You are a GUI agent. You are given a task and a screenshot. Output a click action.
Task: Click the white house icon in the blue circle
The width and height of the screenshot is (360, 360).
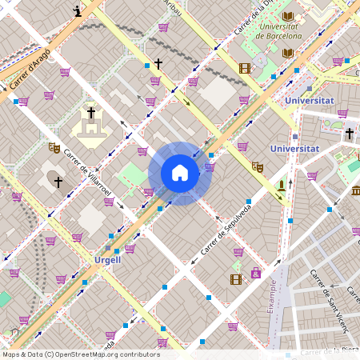[x=180, y=173]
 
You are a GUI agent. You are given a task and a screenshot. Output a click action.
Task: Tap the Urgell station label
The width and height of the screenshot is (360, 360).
[x=107, y=260]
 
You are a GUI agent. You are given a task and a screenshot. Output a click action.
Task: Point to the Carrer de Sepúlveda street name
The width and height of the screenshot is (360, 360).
[x=226, y=230]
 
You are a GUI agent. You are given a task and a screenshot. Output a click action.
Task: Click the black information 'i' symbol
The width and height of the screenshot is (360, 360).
[x=77, y=10]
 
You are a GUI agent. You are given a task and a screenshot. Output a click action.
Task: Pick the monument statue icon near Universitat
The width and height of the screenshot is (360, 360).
[x=281, y=186]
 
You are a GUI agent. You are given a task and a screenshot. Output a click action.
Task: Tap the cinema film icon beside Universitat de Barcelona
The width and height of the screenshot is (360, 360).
[x=245, y=68]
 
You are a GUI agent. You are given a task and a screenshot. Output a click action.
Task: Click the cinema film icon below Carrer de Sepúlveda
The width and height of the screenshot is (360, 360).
[x=235, y=279]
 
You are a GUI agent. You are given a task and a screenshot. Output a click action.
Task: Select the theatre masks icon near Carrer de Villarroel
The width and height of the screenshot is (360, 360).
[x=54, y=147]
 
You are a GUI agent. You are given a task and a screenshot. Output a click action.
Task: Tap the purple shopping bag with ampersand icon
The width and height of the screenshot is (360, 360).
[x=256, y=273]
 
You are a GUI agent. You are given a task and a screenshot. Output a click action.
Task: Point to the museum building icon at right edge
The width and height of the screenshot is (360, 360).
[x=355, y=190]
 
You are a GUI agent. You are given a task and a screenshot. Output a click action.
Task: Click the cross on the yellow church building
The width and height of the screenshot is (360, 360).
[x=91, y=113]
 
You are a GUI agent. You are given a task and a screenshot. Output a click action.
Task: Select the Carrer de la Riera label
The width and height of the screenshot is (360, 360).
[x=328, y=350]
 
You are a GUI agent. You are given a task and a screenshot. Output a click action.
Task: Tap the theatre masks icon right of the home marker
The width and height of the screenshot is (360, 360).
[x=257, y=166]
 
